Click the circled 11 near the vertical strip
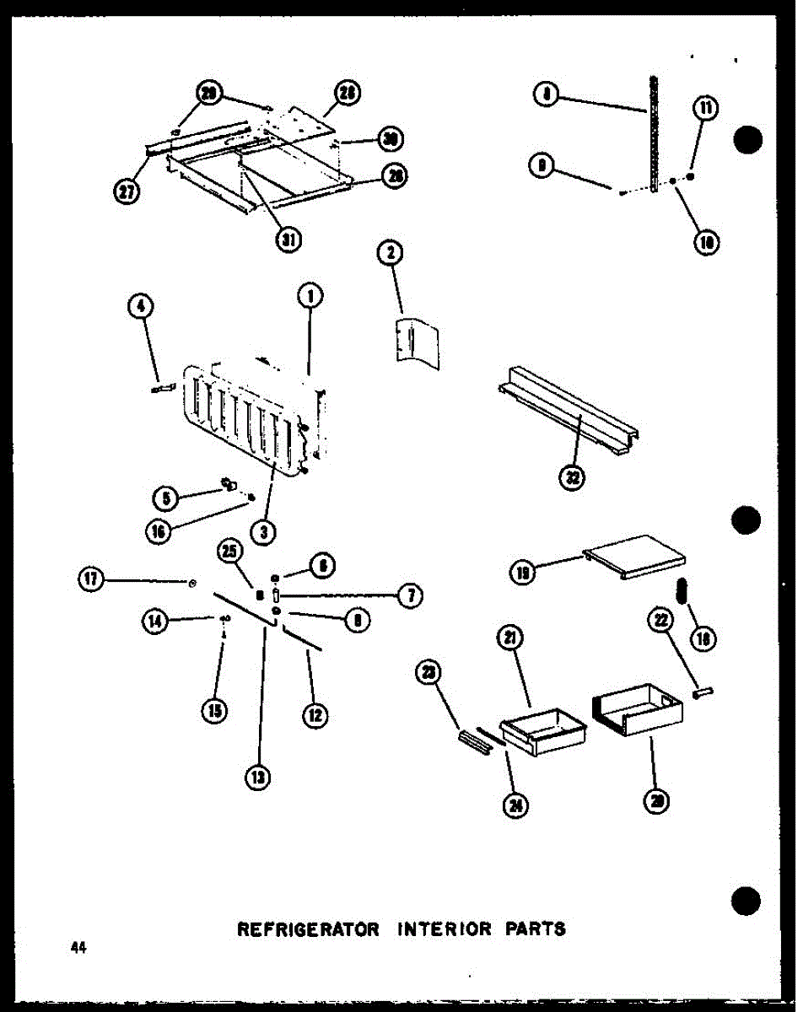click(704, 109)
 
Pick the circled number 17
click(90, 579)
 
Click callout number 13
click(261, 777)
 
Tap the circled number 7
click(410, 595)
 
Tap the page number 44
click(79, 948)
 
